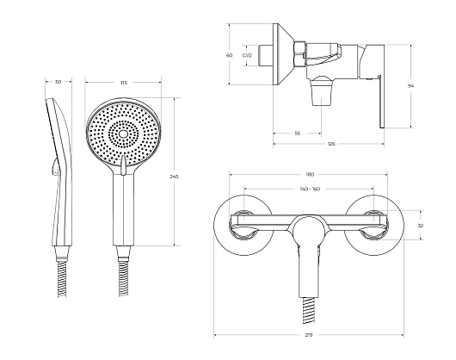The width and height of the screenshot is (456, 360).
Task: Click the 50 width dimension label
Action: tap(59, 82)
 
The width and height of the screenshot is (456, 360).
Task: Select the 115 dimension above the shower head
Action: tap(124, 83)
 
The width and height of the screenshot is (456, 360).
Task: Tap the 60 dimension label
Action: tap(230, 55)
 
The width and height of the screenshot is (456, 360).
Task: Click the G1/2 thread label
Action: tap(247, 55)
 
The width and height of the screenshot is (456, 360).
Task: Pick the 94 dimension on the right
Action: tap(410, 85)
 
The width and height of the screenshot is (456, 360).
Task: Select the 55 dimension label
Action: tap(297, 133)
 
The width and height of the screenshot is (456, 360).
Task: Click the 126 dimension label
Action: tap(331, 144)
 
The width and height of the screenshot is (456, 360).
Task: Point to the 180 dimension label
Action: tap(310, 175)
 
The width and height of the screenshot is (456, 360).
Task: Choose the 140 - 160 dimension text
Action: tap(310, 189)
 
